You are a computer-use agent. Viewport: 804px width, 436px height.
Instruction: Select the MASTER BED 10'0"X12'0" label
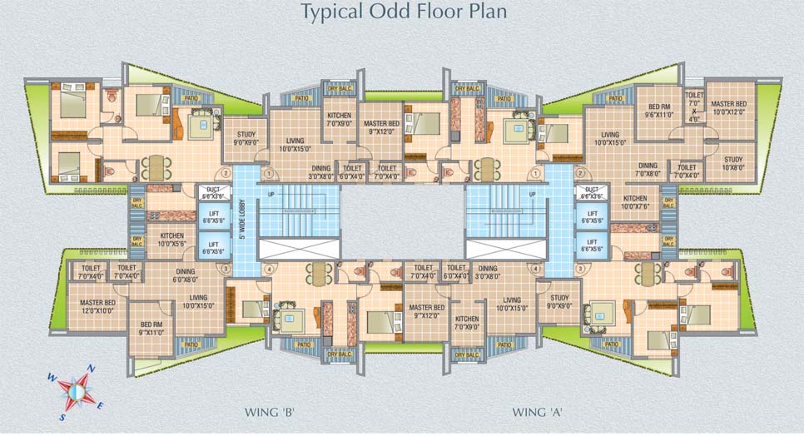click(x=728, y=108)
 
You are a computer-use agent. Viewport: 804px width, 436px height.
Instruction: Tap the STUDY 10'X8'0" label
click(x=732, y=163)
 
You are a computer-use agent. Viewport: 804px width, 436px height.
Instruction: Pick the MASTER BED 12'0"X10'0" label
click(x=97, y=306)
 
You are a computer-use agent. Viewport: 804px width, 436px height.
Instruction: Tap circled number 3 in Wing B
click(x=223, y=269)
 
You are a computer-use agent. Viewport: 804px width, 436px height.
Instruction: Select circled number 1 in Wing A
click(x=537, y=174)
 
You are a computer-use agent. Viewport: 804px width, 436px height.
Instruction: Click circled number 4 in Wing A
click(x=536, y=269)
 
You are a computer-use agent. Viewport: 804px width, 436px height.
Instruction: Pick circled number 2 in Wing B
click(x=225, y=174)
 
